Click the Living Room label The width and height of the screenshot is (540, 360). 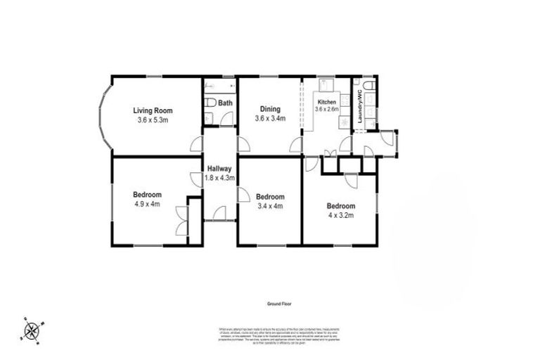point(153,110)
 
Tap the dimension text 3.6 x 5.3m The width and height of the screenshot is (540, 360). point(153,120)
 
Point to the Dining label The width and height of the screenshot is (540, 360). point(270,109)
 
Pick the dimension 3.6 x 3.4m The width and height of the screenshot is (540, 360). point(270,119)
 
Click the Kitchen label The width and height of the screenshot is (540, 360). point(326,102)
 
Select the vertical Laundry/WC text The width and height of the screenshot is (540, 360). point(359,106)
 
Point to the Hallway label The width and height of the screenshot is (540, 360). point(219,169)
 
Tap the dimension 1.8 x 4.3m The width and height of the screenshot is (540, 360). point(219,179)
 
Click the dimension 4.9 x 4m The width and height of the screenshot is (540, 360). point(148,205)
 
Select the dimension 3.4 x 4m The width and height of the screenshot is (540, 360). point(270,206)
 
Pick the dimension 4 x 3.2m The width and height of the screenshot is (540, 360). point(340,216)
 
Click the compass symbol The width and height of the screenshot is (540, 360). point(32,329)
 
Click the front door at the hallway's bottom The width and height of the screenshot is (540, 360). point(219,212)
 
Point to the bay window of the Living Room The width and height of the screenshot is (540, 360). point(104,115)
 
